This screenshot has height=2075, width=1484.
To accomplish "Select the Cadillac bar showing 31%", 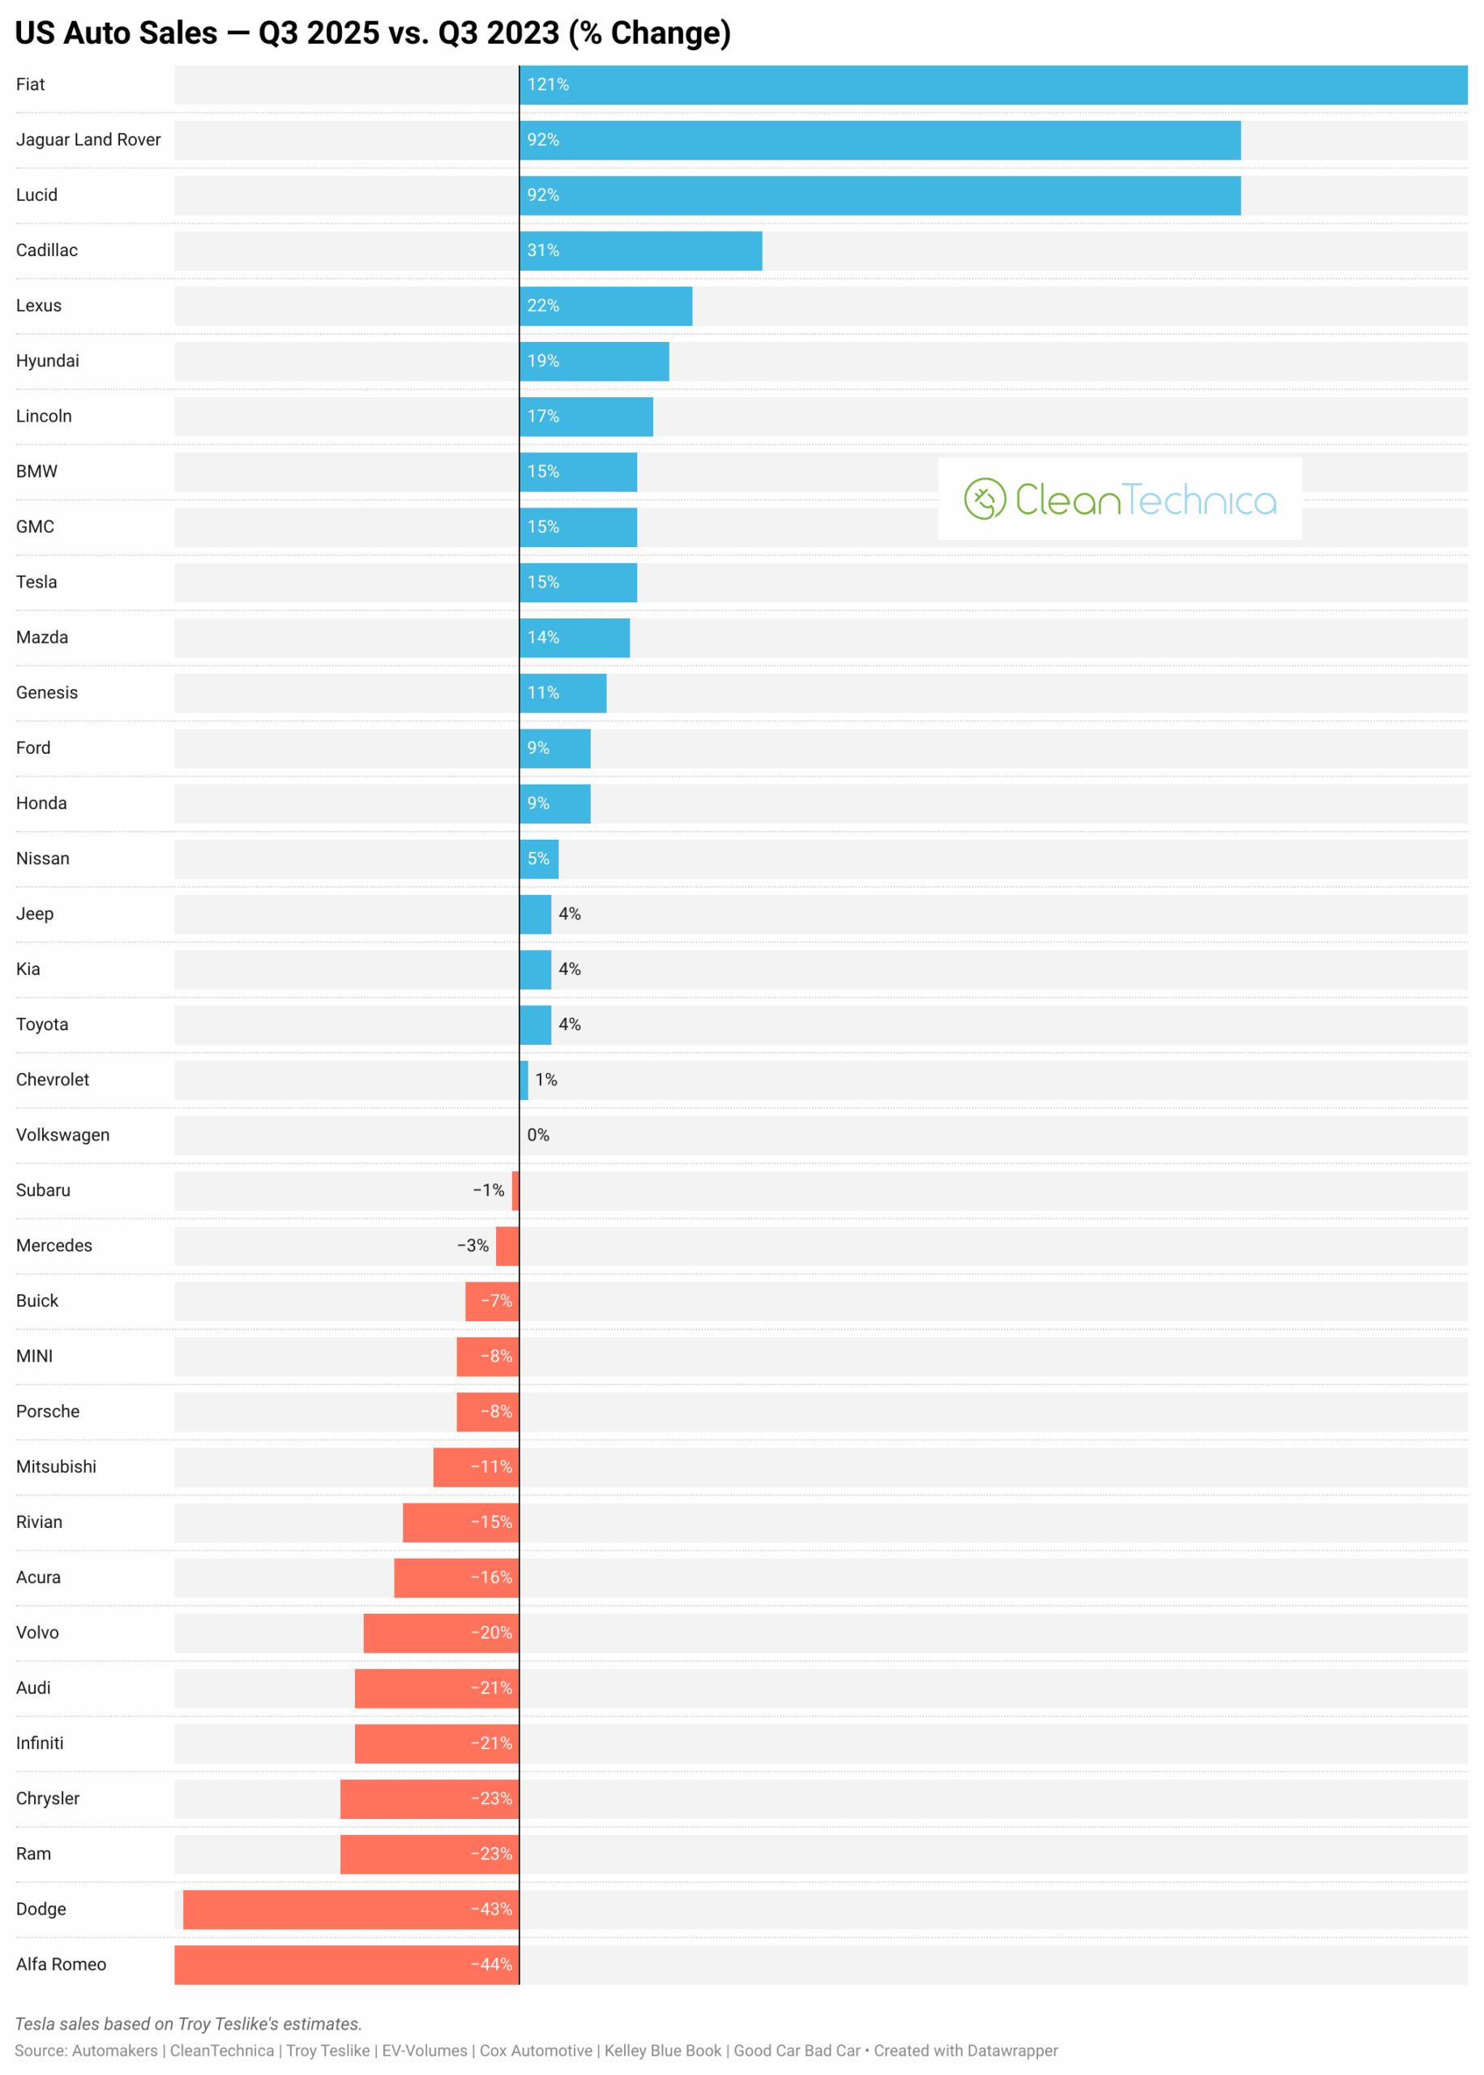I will coord(640,250).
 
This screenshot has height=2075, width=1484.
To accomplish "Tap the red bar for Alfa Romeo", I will coord(346,1965).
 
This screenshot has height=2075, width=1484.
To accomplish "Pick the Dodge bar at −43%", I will coord(351,1909).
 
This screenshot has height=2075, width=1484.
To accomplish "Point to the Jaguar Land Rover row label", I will coord(88,139).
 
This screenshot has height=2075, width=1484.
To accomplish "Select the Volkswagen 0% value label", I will coord(538,1135).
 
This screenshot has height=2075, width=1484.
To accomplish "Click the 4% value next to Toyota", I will coord(569,1025).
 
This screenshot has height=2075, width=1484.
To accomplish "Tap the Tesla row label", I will coord(36,582).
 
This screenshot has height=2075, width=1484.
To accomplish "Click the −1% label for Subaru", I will coord(488,1190).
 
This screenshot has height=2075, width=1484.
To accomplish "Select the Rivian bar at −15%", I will coord(460,1521).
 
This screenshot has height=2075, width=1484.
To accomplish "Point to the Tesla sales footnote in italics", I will coord(188,2024).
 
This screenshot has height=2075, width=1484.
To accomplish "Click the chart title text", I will coord(373,33).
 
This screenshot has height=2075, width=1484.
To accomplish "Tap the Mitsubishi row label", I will coord(56,1466).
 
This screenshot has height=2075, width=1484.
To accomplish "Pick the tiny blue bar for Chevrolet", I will coord(524,1080).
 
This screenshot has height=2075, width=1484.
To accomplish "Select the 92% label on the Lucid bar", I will coord(543,195).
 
